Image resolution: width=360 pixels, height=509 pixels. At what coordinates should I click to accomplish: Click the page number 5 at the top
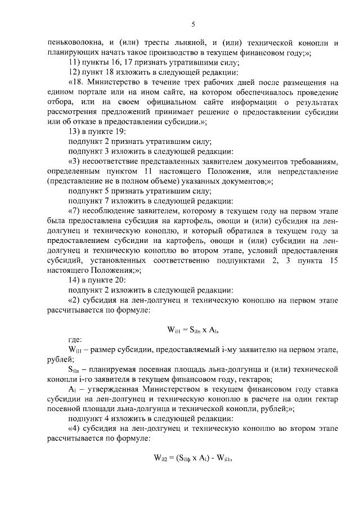tap(193, 24)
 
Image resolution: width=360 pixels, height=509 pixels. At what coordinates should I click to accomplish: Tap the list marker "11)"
tap(75, 62)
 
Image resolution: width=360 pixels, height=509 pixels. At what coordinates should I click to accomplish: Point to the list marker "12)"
tap(75, 72)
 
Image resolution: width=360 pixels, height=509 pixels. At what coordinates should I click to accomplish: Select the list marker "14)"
tap(75, 279)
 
